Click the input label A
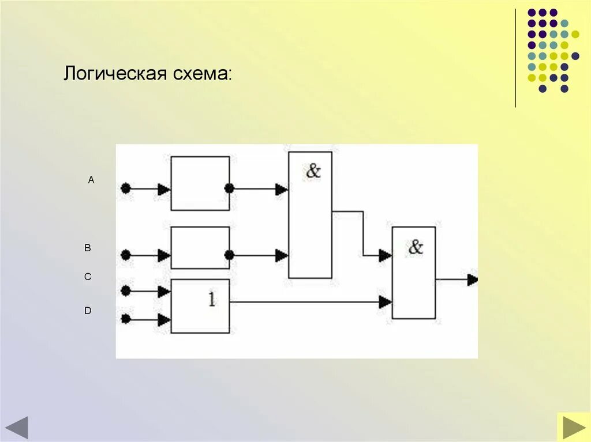tap(91, 180)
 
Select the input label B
tap(88, 248)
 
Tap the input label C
tap(88, 277)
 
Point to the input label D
tap(88, 311)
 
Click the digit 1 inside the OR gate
tap(211, 300)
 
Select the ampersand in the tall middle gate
tap(313, 171)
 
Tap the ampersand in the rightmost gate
tap(416, 247)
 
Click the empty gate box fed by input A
tap(200, 183)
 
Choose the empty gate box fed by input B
tap(200, 248)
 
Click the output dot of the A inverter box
tap(229, 188)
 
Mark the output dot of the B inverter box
tap(229, 255)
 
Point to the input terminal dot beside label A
tap(125, 188)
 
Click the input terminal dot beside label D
tap(125, 319)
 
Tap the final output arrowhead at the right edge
tap(473, 280)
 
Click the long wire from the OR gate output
tap(306, 301)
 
